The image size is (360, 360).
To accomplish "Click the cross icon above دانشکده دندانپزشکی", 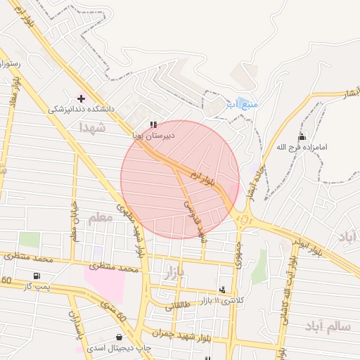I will point(81,98).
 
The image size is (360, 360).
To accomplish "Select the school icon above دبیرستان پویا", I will point(154,125).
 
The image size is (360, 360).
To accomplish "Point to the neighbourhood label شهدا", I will point(92,127).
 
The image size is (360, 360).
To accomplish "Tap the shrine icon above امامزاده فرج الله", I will point(302,136).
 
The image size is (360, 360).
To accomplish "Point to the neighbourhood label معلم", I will point(101,219).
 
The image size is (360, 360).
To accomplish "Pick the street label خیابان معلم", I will point(75,221).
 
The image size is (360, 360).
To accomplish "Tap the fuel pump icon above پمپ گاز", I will point(36,276).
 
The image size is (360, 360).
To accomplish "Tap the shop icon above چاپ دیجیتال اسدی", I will point(79,349).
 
